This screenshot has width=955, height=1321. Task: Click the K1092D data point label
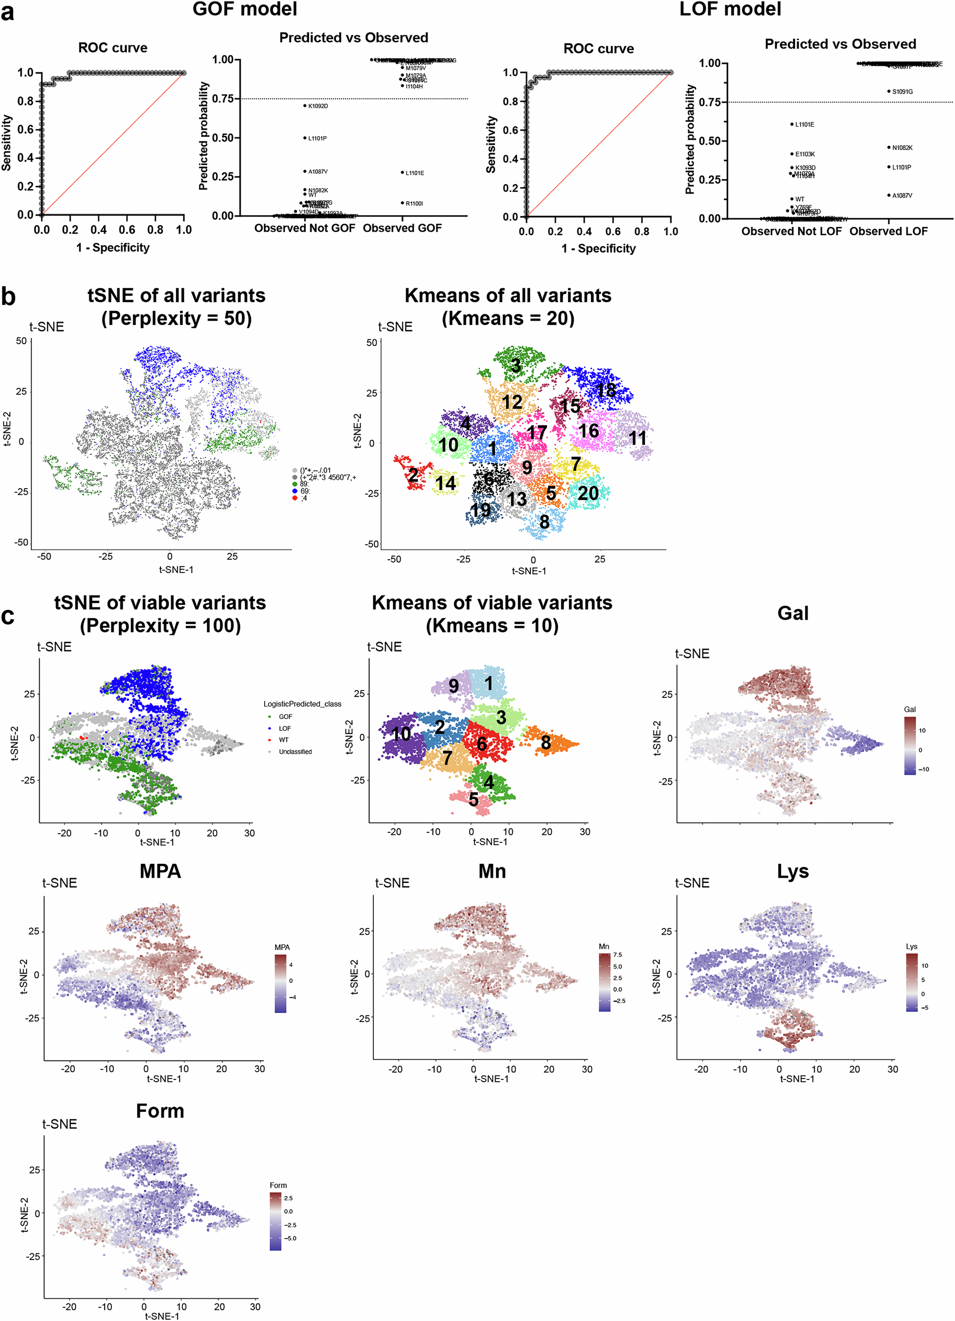click(x=318, y=106)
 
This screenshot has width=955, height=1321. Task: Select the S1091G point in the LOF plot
click(x=888, y=91)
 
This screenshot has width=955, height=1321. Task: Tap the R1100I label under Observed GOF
click(x=414, y=203)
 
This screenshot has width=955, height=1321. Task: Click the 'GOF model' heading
click(x=245, y=9)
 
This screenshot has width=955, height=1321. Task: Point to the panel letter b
click(x=8, y=297)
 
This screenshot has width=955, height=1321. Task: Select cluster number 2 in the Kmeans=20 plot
click(x=413, y=475)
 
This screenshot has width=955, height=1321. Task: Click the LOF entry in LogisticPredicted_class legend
click(x=285, y=728)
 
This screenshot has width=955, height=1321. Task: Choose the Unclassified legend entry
click(x=295, y=751)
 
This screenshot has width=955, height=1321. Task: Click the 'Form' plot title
click(x=160, y=1111)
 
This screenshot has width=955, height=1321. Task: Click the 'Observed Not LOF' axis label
click(x=791, y=231)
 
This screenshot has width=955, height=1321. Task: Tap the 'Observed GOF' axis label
click(x=402, y=228)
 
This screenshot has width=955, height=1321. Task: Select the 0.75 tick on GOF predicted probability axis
click(x=222, y=98)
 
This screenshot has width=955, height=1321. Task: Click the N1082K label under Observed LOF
click(x=902, y=148)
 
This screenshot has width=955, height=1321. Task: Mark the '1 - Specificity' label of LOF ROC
click(x=598, y=248)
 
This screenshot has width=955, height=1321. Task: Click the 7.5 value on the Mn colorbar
click(x=617, y=955)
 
